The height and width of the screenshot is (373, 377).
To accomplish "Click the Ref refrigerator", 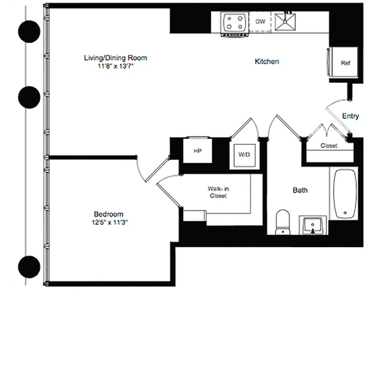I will (x=344, y=63).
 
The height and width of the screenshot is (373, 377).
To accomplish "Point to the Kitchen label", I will (x=267, y=62).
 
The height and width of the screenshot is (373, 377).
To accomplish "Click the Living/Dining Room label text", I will (x=115, y=58).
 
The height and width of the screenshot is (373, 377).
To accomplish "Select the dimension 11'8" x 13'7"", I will (x=115, y=66).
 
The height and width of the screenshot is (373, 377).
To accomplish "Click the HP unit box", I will (x=197, y=151).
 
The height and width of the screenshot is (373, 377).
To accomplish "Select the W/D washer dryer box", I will (x=244, y=154).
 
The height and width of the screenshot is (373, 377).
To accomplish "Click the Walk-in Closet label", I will (x=218, y=193).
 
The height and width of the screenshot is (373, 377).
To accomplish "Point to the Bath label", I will (x=300, y=190).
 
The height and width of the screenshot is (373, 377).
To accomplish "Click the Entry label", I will (x=350, y=116).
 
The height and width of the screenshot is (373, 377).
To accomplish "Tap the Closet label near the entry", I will (x=329, y=146).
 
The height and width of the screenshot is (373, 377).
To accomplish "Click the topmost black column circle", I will (x=28, y=31).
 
